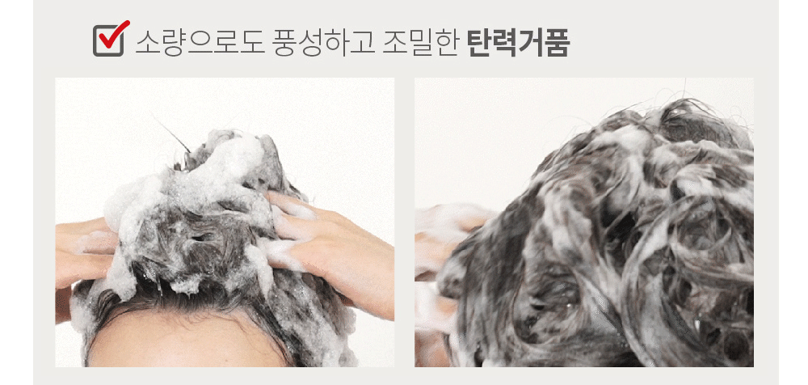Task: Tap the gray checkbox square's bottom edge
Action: click(108, 55)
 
